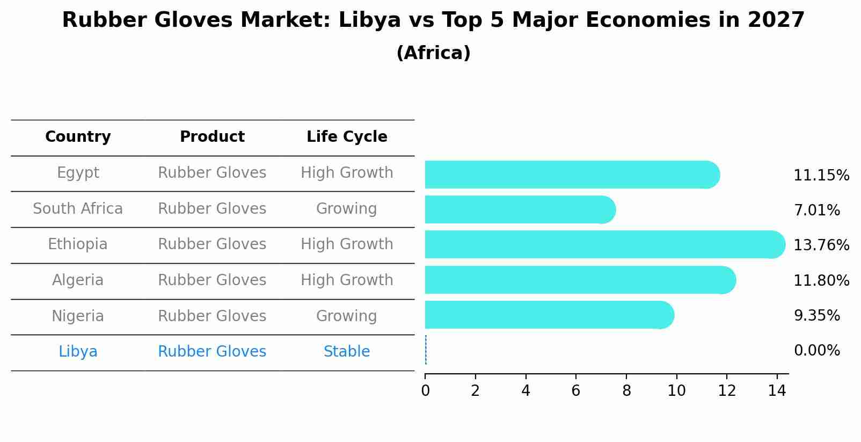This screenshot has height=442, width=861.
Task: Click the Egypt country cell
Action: coord(78,173)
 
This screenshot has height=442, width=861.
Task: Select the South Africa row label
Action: coord(78,209)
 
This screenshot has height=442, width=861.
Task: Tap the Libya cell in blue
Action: coord(78,352)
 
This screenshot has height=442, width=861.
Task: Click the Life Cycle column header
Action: coord(347,137)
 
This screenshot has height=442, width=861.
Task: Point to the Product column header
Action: coord(212,137)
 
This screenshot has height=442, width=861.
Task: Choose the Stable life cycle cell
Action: coord(347,352)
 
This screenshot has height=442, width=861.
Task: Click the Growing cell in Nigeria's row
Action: coord(347,316)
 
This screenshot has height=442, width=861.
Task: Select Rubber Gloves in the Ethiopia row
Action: coord(212,244)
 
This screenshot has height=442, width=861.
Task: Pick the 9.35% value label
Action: coord(816,316)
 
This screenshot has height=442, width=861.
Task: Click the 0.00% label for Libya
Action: coord(816,351)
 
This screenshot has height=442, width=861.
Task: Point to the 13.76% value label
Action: coord(821,245)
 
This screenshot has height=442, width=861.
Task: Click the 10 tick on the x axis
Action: coord(676,391)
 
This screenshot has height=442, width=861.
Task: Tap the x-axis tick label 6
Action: coord(576,391)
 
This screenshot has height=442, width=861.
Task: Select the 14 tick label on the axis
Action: coord(777,391)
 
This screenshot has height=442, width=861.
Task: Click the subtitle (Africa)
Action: coord(433,53)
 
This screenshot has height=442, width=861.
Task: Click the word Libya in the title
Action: coord(370,20)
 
